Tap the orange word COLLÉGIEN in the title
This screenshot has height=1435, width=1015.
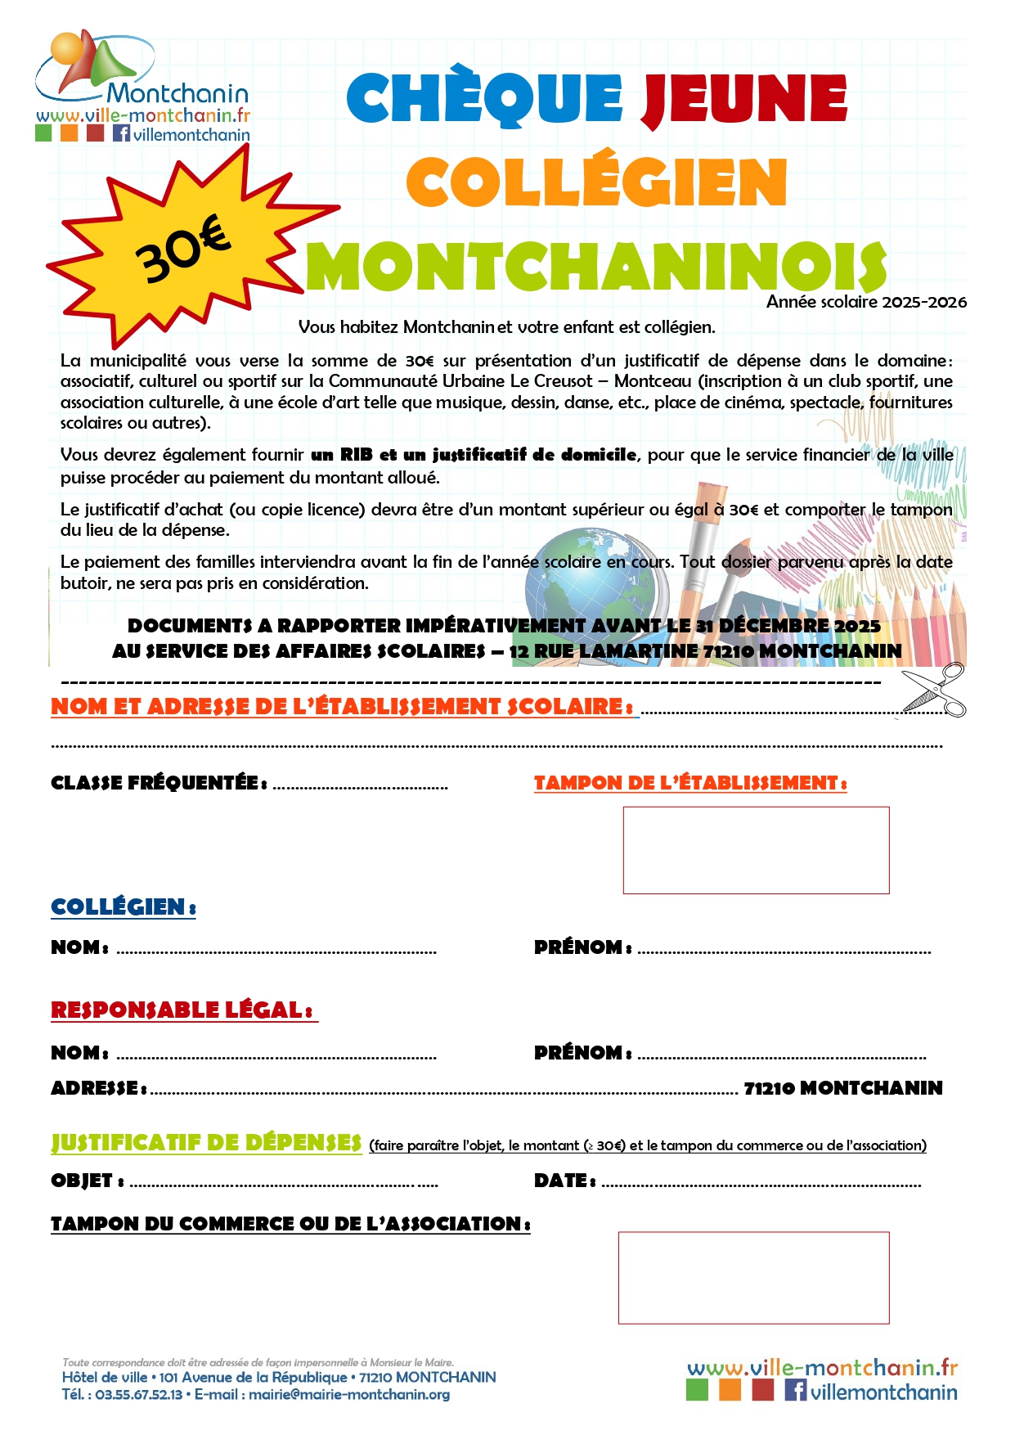coord(596,182)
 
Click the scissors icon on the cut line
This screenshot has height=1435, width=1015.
coord(935,691)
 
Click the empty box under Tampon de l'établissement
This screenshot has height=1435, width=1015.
coord(756,850)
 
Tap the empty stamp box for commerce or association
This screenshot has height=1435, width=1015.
coord(753,1277)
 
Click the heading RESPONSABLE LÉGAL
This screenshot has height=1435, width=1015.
coord(182,1010)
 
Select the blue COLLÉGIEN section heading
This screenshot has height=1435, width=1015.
coord(123,907)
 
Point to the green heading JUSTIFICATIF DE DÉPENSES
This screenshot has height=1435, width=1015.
coord(206,1143)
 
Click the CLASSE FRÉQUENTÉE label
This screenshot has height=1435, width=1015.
coord(159,783)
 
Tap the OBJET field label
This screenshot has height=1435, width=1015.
coord(87,1181)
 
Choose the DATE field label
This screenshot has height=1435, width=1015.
coord(564,1181)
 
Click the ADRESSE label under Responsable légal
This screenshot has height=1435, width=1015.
coord(98,1088)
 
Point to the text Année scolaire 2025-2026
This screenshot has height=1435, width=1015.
coord(866,302)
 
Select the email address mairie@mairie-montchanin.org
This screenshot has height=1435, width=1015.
coord(349,1394)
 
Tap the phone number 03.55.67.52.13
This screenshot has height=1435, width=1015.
coord(138,1394)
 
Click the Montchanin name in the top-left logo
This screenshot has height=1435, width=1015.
coord(177,93)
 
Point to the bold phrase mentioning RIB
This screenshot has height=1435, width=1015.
coord(474,455)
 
